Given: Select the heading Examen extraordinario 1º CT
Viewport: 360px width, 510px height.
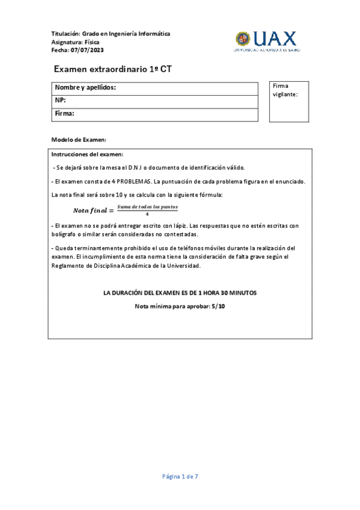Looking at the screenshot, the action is [113, 69].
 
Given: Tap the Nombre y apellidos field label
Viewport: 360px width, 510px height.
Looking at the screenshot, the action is [85, 88].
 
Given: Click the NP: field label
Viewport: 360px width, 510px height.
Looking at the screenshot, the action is [60, 100].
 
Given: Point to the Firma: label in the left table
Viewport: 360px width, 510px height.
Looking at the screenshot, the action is [64, 113].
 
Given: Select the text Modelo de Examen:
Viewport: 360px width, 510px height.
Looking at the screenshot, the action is [79, 140].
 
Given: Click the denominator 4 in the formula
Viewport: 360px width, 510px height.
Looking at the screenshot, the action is [147, 214].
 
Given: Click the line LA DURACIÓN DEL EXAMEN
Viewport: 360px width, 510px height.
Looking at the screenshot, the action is [180, 293].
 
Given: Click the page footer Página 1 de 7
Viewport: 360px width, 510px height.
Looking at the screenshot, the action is [180, 476].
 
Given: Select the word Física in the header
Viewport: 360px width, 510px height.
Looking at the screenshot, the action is [92, 42].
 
